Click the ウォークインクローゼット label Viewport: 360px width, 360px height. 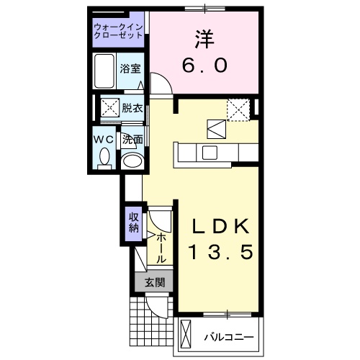tap(118, 31)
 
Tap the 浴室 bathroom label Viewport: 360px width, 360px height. tap(130, 70)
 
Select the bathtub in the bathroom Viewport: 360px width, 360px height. tap(105, 71)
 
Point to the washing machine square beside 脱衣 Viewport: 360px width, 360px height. tap(110, 109)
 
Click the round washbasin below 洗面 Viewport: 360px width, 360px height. tap(130, 160)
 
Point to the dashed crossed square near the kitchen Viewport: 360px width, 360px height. tap(238, 108)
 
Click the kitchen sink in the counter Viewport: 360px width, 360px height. tap(210, 153)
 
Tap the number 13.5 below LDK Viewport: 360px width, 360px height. tap(220, 253)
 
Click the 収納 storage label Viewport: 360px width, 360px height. tap(133, 223)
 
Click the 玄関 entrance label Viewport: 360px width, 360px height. tap(153, 282)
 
